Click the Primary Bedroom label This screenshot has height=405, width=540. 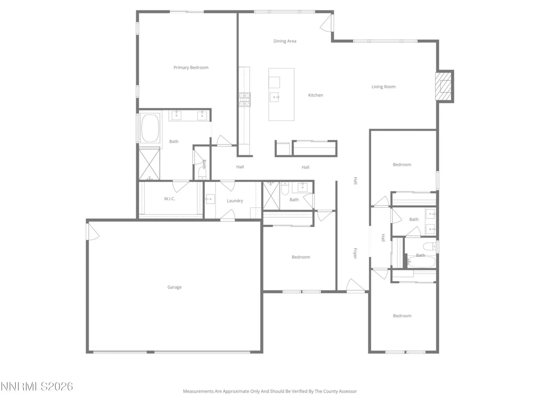tap(191, 67)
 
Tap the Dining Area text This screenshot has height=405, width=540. tap(285, 41)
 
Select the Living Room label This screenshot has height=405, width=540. tap(383, 86)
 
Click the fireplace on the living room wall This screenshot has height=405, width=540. tap(444, 86)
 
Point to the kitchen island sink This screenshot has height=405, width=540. tap(274, 97)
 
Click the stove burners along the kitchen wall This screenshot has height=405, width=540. tap(244, 100)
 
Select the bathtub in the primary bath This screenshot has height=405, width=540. tap(150, 128)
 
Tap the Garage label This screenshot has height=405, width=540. tap(174, 287)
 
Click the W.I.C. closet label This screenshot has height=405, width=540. tap(169, 199)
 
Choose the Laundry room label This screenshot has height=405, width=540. tap(235, 201)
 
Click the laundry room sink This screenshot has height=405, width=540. tap(210, 199)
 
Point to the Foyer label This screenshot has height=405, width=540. tap(355, 253)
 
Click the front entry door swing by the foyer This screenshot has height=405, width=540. tap(355, 285)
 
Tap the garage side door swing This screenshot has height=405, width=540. tap(93, 232)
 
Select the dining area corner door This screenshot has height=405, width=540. tap(326, 23)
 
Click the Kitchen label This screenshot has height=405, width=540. tap(315, 95)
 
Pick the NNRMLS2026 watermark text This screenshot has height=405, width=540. tap(37, 386)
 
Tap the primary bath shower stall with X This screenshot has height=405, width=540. tap(149, 164)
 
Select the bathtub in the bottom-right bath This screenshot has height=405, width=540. tap(421, 261)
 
